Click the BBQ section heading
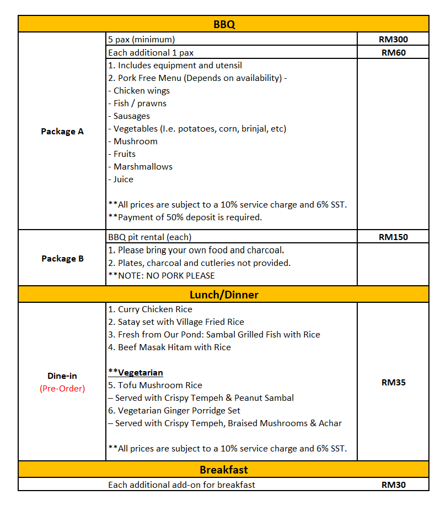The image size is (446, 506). click(224, 24)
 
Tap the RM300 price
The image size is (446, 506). click(393, 40)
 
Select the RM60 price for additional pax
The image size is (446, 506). click(393, 53)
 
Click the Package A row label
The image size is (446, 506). click(62, 132)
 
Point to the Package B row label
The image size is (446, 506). click(62, 258)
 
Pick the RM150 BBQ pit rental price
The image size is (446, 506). click(393, 237)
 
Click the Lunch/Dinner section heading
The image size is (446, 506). click(224, 295)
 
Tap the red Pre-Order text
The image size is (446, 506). click(62, 388)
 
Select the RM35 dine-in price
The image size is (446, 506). click(393, 382)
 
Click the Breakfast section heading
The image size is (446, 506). click(224, 470)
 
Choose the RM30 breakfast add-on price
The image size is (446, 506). click(393, 485)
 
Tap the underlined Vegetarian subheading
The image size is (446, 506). click(136, 373)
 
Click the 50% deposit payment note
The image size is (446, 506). click(185, 217)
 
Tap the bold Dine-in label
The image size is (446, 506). click(62, 376)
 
